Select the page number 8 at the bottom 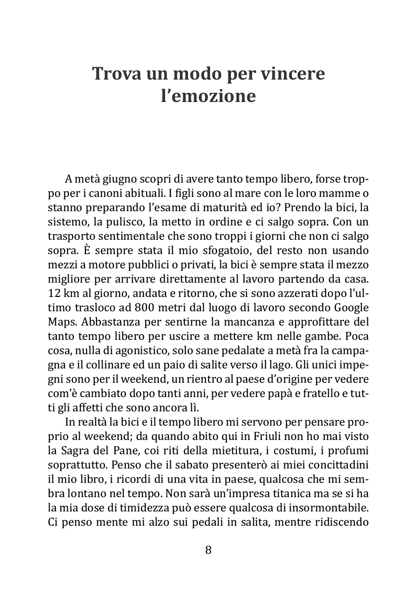pyautogui.click(x=208, y=550)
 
